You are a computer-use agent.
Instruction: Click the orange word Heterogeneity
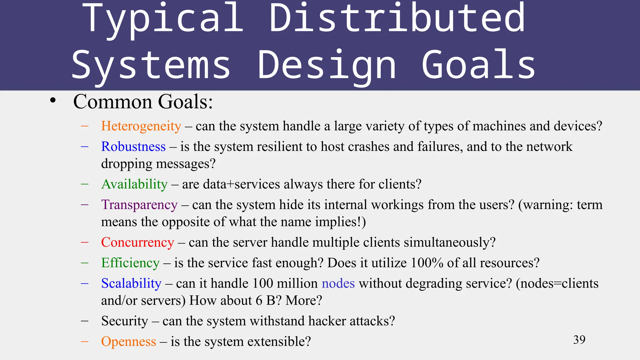point(141,126)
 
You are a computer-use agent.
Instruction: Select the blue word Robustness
point(133,147)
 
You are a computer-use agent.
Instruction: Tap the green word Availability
point(134,184)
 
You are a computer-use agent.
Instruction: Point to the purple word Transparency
point(139,205)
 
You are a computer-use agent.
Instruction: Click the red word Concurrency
point(137,242)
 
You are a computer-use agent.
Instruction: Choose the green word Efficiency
point(130,263)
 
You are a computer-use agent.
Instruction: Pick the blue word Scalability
point(131,283)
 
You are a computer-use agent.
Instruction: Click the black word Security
point(125,321)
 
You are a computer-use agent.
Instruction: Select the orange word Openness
point(128,342)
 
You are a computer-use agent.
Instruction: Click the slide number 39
point(579,340)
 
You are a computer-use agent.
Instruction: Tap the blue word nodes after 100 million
point(338,283)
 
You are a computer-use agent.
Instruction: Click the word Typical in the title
point(162,19)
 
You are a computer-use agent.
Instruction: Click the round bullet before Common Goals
point(53,101)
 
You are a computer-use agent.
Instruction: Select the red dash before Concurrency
point(84,242)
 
